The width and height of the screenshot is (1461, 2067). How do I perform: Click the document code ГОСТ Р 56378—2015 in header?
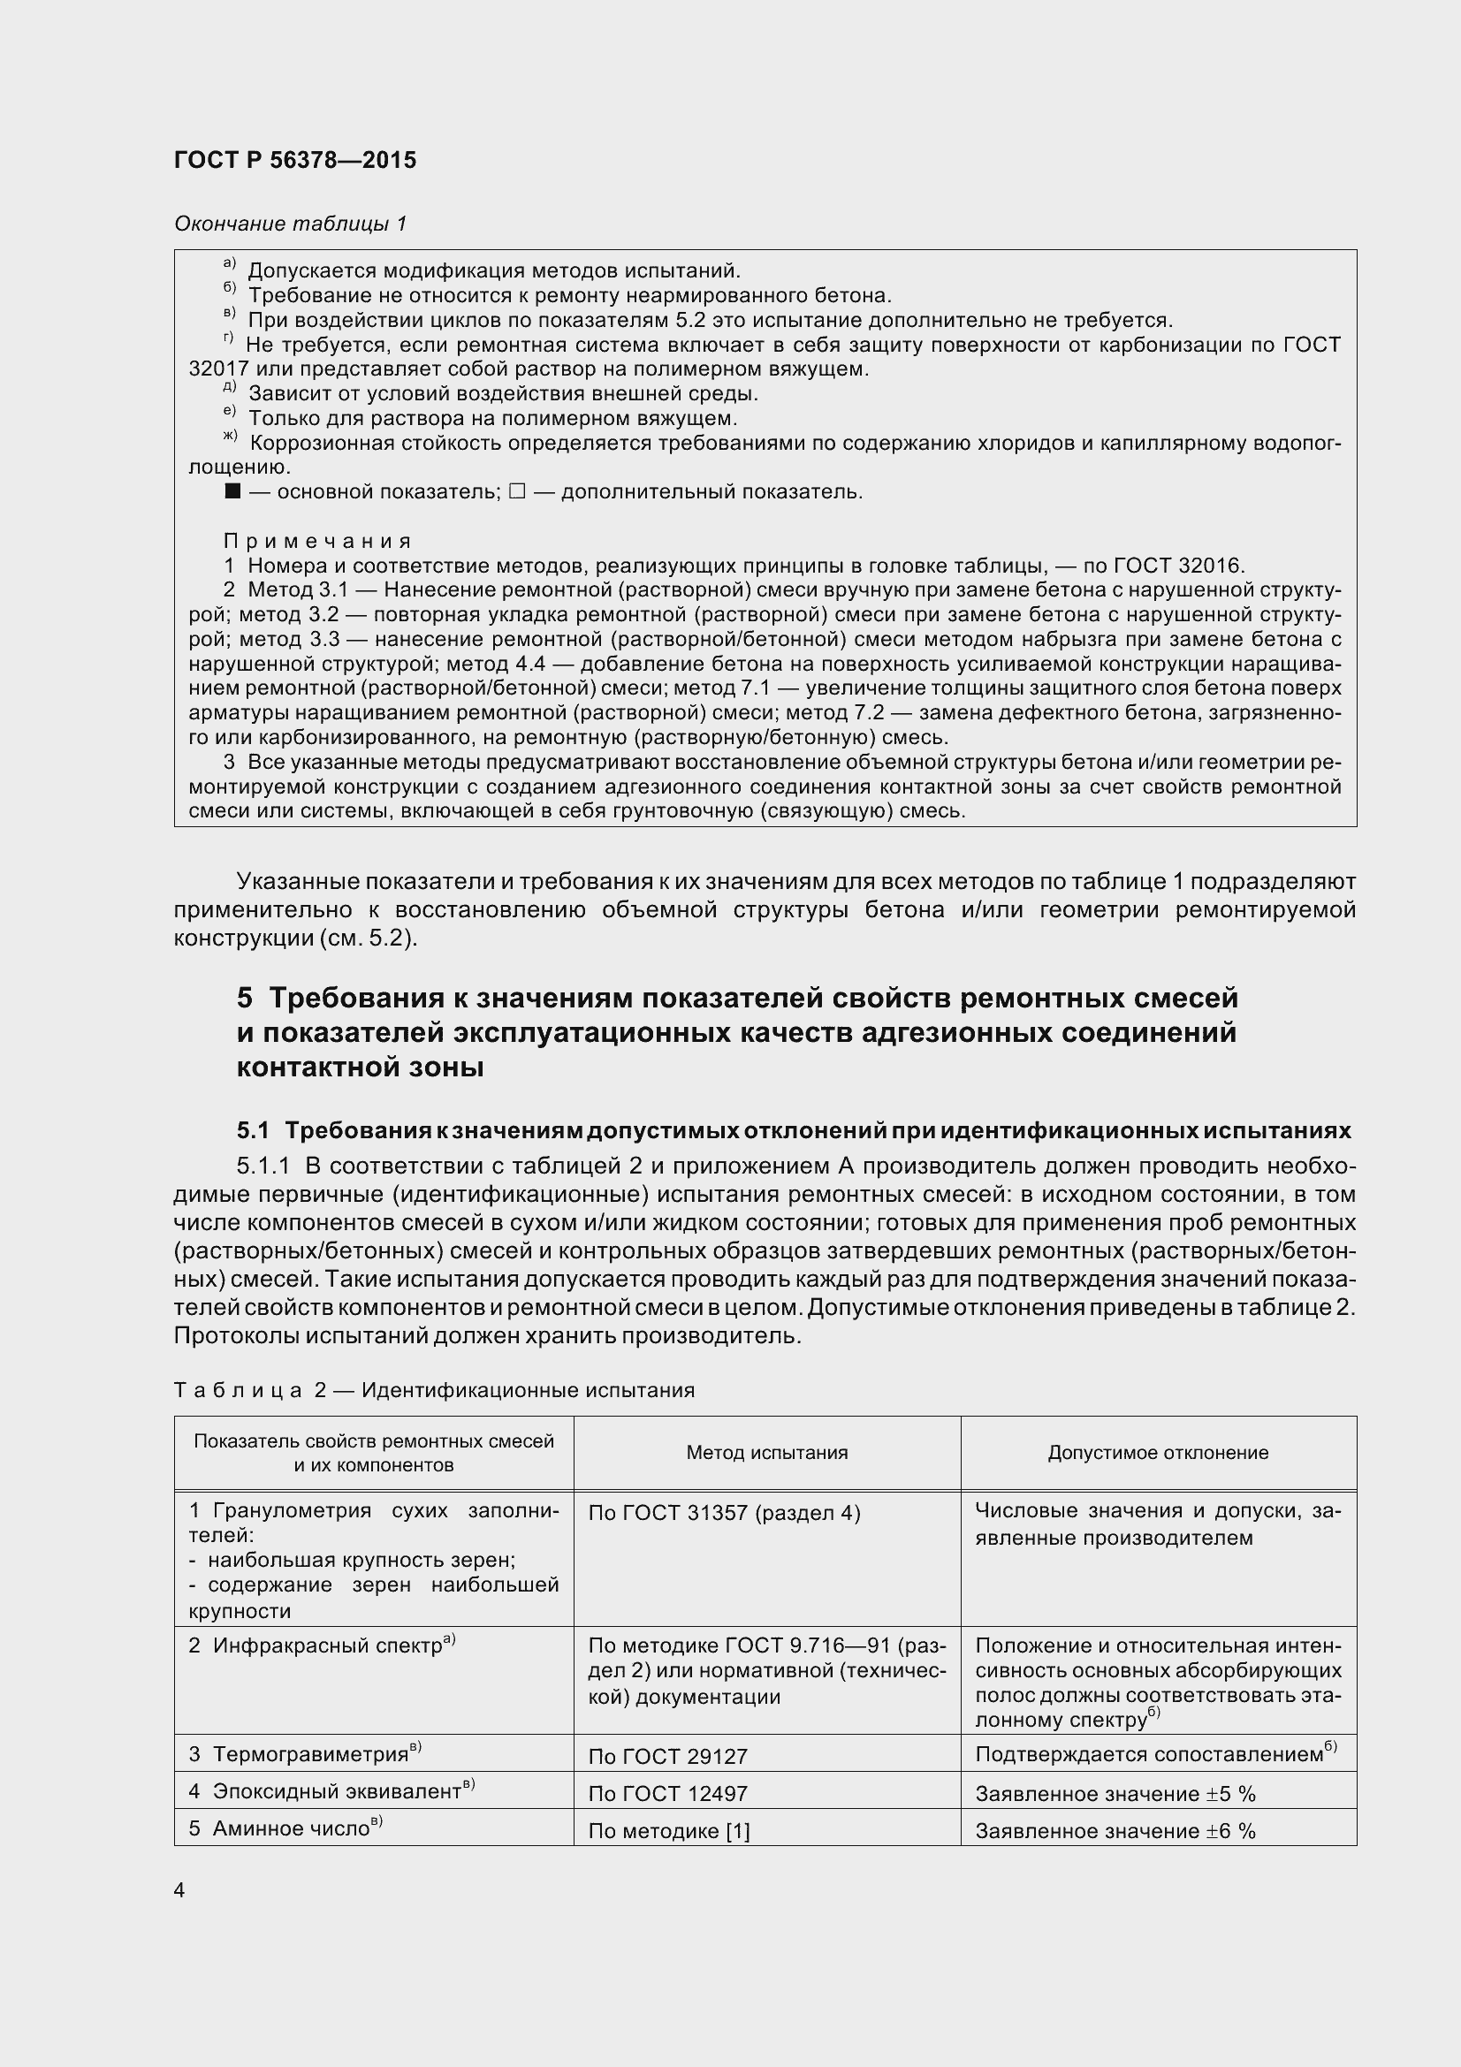[294, 160]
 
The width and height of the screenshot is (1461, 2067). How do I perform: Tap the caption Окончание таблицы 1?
[290, 224]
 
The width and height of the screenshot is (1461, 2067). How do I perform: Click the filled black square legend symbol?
[233, 491]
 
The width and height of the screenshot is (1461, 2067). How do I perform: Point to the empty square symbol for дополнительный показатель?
[516, 491]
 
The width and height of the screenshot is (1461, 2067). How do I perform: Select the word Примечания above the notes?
[317, 541]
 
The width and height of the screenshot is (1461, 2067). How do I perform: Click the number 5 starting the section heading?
[245, 998]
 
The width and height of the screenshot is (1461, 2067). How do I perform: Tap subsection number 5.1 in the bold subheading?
[253, 1130]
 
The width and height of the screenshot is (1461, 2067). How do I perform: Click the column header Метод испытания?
[766, 1452]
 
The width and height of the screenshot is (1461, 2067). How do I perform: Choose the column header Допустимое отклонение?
[1158, 1452]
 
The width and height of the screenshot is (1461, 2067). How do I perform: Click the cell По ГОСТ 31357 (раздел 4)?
[724, 1513]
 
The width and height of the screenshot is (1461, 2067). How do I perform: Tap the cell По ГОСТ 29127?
[668, 1757]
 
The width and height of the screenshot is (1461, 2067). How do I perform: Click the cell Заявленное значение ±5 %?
[1115, 1794]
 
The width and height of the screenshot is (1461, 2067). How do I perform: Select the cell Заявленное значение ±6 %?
[1115, 1831]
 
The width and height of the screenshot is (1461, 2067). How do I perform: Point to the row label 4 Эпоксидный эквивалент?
[331, 1791]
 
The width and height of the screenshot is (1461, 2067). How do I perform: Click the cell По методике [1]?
[668, 1831]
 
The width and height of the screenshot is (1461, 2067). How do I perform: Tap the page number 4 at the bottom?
[179, 1890]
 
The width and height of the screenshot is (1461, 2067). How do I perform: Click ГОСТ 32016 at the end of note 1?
[1177, 566]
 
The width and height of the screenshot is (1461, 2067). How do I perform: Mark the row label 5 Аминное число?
[285, 1828]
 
